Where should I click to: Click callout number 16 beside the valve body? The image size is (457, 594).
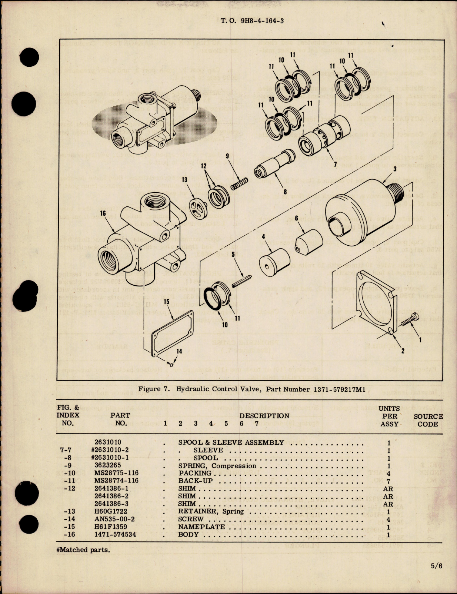pos(103,213)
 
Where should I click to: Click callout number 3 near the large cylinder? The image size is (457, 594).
pos(395,169)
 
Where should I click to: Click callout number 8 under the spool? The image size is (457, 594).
pos(285,192)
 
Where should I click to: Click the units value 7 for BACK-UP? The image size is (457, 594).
pos(388,481)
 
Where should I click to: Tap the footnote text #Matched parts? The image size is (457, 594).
pos(83,550)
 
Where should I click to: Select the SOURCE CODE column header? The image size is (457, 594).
pos(428,420)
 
